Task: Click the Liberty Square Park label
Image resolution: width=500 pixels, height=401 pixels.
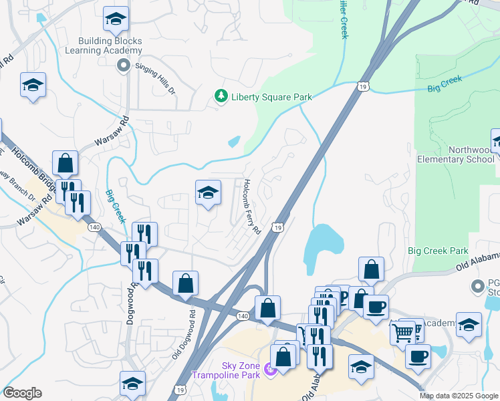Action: (271, 97)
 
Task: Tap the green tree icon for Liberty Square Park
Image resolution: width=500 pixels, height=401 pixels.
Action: (221, 97)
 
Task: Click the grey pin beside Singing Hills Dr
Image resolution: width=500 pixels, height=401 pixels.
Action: (122, 65)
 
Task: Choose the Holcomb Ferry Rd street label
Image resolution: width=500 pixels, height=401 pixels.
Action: (251, 207)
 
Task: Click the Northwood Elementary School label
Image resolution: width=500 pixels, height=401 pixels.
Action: (456, 154)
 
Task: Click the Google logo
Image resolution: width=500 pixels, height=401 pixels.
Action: (22, 393)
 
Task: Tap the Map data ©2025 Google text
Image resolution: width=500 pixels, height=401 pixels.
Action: (458, 396)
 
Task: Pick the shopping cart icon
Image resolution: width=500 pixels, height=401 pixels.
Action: (403, 331)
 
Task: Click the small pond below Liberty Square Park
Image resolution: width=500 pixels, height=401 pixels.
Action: (233, 142)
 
